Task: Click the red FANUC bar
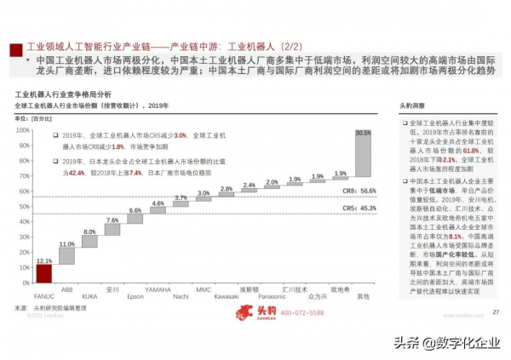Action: (44, 273)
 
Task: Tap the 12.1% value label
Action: (44, 260)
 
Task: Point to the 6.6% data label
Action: (135, 210)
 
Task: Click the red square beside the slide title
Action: (14, 47)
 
